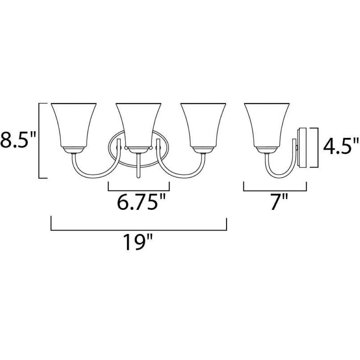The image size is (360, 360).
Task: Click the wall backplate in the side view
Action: click(x=302, y=147)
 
